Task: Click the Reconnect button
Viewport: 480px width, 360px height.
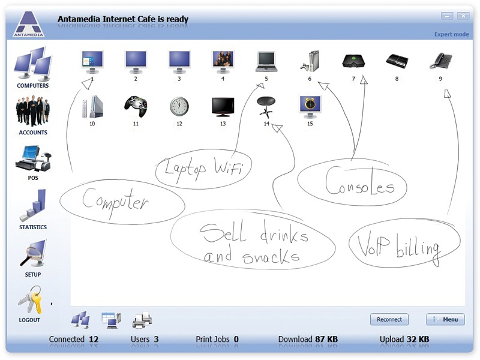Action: pos(389,319)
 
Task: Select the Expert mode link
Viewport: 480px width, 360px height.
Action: pos(452,34)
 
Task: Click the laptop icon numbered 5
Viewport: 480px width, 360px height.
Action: pos(266,62)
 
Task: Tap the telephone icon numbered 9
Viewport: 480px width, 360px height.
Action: pos(440,61)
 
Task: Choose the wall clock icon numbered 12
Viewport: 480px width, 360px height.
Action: pos(179,107)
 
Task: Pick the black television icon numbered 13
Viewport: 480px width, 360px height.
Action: pos(223,107)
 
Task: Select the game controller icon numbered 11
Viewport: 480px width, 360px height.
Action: pos(136,106)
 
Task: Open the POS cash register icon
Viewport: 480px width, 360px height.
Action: pos(33,158)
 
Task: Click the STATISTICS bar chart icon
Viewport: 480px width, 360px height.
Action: pos(33,205)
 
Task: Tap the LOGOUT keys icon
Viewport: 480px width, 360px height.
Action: pos(30,300)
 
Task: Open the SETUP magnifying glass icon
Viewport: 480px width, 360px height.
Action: pos(33,253)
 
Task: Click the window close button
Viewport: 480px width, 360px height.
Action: pos(463,16)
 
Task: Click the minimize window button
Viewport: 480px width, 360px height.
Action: pos(447,16)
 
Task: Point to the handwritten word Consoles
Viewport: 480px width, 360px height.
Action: pos(359,181)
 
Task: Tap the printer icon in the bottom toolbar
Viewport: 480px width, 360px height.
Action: pos(142,320)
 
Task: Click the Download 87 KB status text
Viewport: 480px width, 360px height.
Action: pos(308,339)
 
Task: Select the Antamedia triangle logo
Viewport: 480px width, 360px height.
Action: pos(28,24)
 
